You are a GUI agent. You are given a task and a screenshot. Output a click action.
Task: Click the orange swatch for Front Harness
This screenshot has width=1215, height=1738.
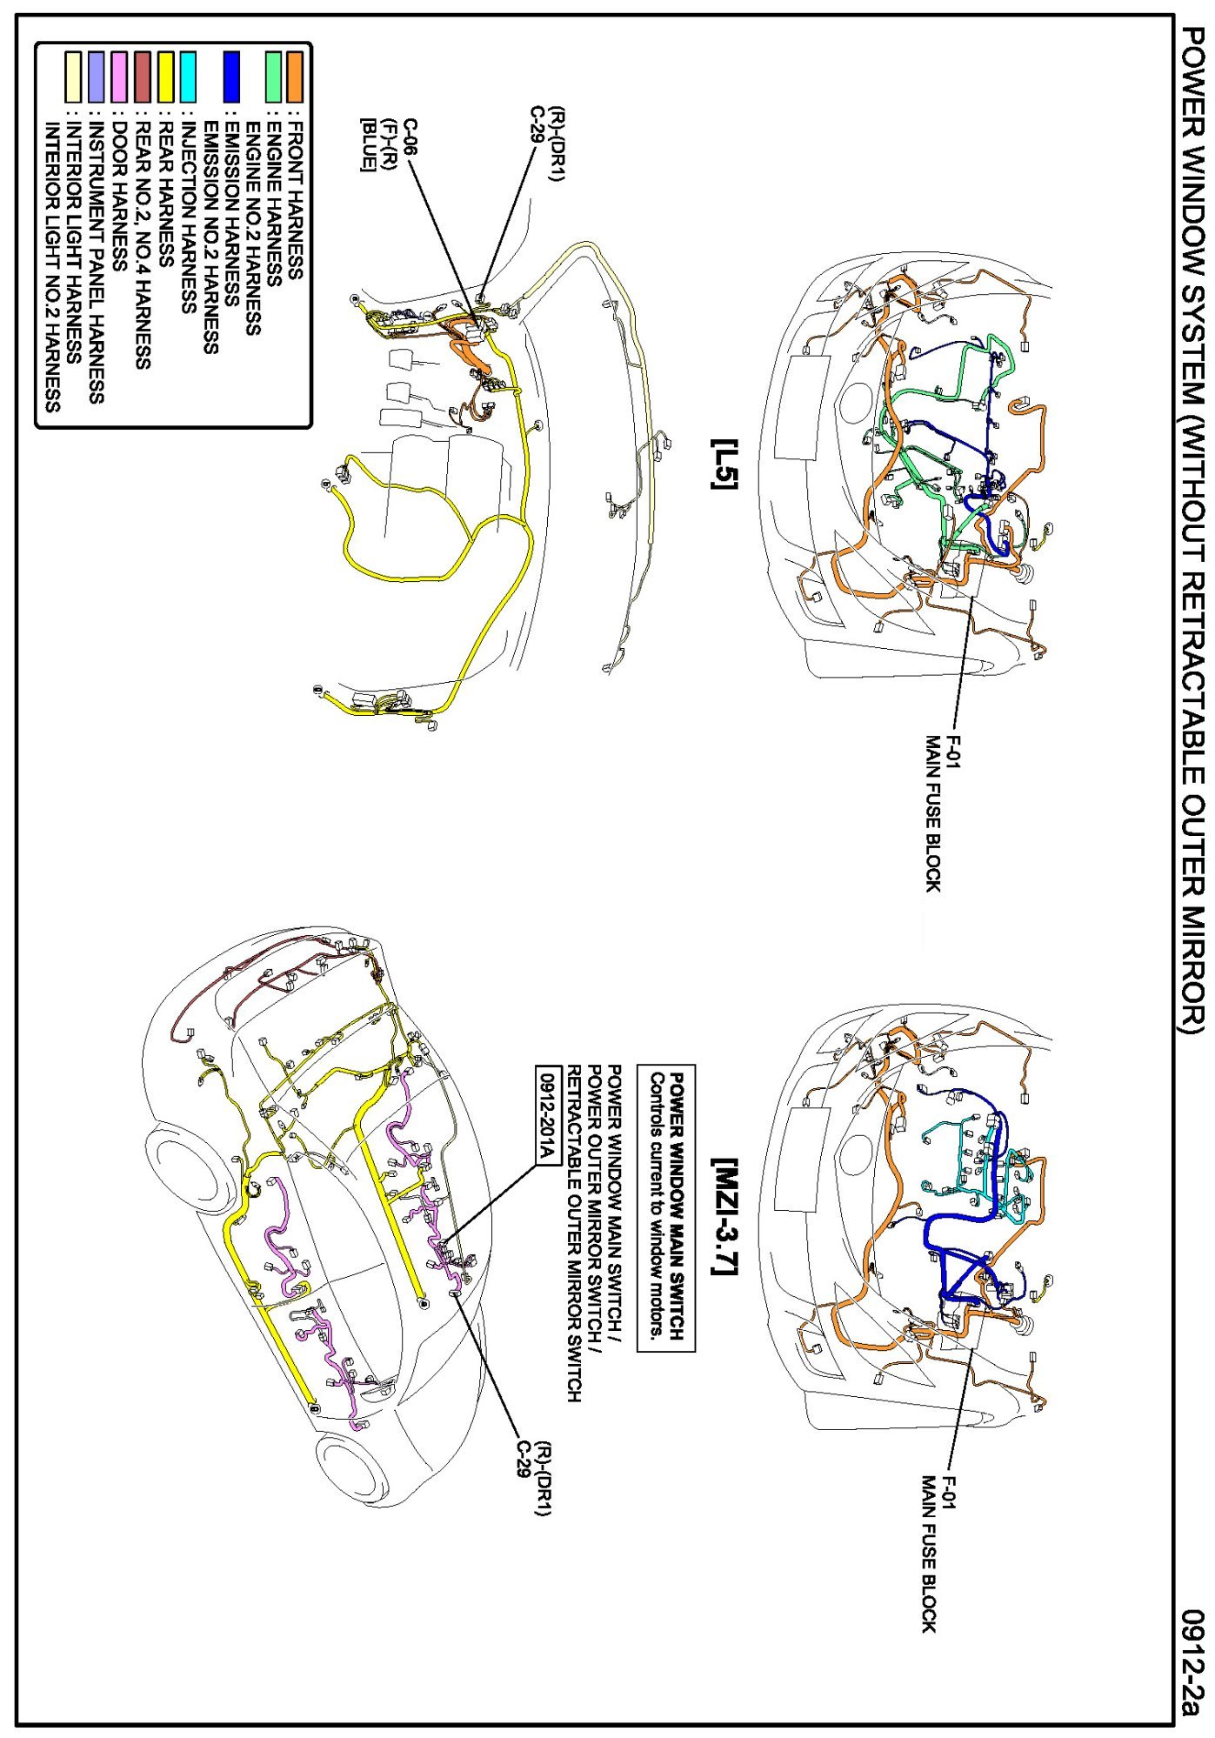[296, 77]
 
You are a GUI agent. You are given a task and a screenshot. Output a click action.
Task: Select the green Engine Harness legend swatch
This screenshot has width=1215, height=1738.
[274, 77]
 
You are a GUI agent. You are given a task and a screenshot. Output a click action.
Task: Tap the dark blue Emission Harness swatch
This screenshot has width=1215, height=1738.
[230, 77]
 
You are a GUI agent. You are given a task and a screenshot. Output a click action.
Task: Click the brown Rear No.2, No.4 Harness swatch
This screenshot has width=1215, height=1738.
[143, 77]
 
